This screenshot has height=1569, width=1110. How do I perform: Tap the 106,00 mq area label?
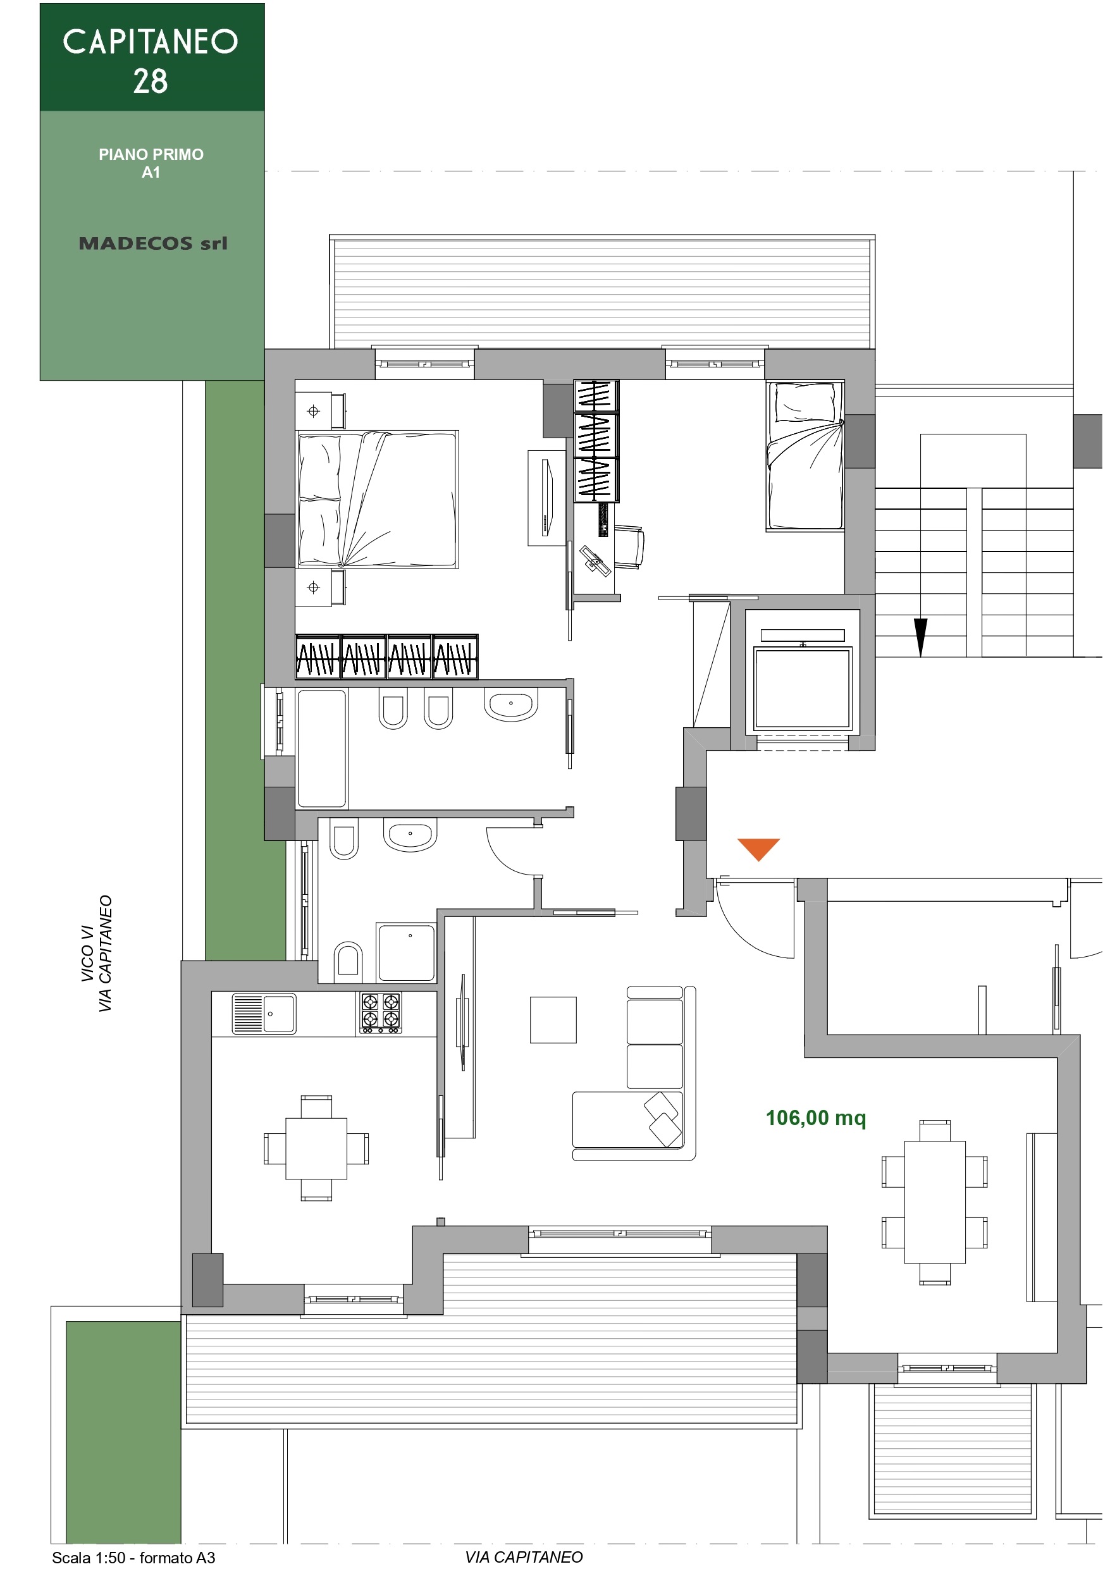pos(815,1118)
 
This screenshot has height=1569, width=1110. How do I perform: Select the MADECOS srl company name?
pos(152,243)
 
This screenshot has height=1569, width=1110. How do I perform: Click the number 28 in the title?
pos(151,82)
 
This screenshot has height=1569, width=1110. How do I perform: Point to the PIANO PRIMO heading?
pos(151,154)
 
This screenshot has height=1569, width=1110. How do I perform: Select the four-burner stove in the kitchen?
pos(381,1012)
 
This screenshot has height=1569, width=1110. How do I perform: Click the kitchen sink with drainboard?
pos(264,1013)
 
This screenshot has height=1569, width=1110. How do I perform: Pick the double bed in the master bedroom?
pos(378,500)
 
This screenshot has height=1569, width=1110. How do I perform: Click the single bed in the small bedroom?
pos(805,456)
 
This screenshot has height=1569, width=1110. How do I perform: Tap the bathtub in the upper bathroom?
pos(322,748)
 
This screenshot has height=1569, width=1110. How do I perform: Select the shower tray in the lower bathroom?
pos(407,952)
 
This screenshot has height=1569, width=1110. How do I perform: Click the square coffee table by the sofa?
pos(553,1020)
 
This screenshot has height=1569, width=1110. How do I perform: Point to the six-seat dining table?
pos(934,1202)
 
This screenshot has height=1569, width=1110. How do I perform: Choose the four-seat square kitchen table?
pos(316,1148)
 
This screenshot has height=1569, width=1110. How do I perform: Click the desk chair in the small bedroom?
pos(629,546)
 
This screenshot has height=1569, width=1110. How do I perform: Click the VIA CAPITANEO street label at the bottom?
pos(524,1558)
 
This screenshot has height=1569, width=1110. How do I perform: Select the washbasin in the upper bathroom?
pos(510,704)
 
